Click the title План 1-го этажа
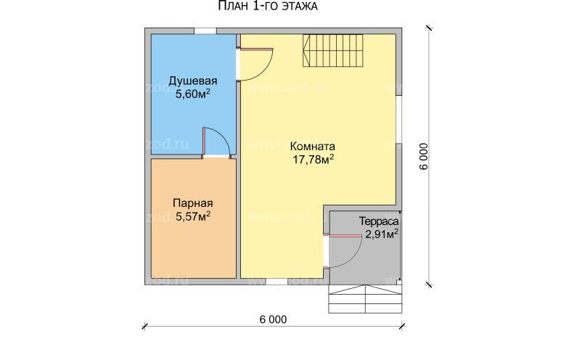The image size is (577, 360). [268, 7]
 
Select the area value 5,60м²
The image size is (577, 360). [193, 94]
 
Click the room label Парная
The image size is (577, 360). [193, 203]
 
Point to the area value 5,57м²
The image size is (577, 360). [193, 216]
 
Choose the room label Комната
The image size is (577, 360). [313, 147]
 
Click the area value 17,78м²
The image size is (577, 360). [314, 160]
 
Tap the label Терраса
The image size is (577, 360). [379, 221]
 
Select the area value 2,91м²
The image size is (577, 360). [382, 234]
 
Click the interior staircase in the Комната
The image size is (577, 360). [333, 50]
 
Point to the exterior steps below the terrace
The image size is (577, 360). [365, 299]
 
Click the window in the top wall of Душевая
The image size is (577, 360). [205, 31]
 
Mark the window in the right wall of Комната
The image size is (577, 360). [399, 119]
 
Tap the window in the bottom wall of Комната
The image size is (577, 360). [277, 281]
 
